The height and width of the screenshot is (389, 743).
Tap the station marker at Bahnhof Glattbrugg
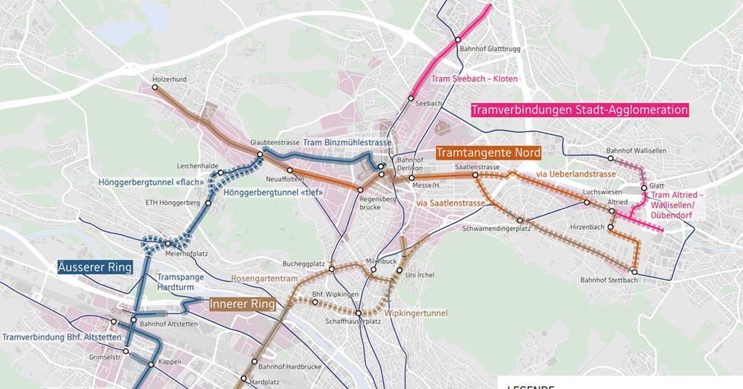(458, 40)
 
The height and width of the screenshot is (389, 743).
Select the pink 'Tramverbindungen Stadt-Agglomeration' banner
(579, 110)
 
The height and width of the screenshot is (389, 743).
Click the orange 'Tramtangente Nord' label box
(488, 153)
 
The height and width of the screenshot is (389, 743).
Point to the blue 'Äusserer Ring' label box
(95, 267)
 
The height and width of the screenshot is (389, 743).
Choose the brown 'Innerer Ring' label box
(242, 305)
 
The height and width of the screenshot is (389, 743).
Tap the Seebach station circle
(411, 97)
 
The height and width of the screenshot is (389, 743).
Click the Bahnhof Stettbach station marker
(634, 272)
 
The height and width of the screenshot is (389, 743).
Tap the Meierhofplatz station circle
(168, 244)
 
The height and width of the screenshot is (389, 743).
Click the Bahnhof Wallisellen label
(636, 151)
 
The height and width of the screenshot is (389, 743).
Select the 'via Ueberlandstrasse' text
(575, 175)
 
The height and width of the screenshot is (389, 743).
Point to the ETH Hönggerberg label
(171, 202)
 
